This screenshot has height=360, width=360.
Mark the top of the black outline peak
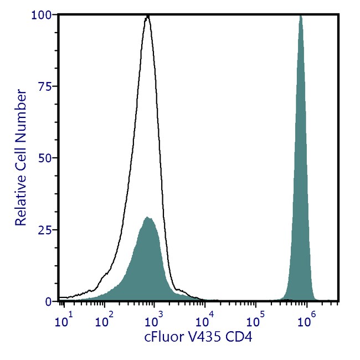pos(147,17)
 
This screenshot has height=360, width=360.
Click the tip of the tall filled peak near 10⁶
pos(301,16)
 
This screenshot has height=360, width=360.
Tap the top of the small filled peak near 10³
pos(148,217)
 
